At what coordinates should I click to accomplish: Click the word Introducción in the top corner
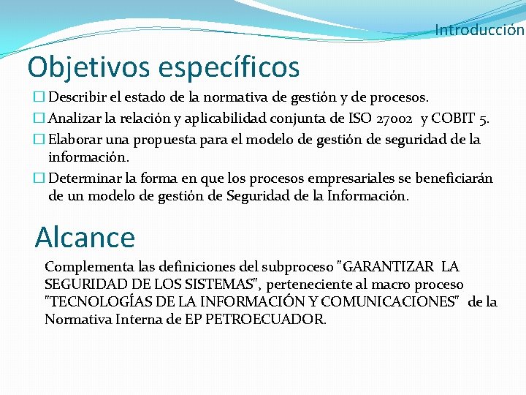pyautogui.click(x=479, y=30)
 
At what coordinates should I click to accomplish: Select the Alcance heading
pyautogui.click(x=85, y=238)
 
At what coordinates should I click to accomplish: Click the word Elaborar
pyautogui.click(x=77, y=139)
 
